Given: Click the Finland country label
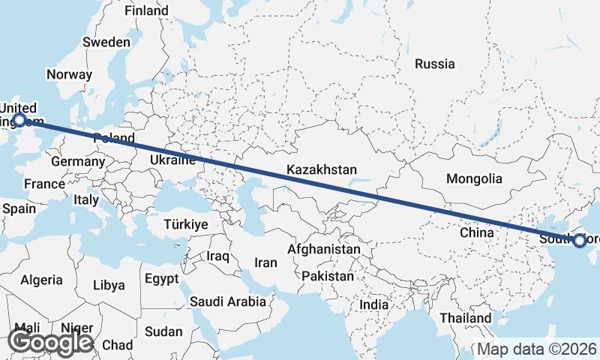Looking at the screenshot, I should (146, 11).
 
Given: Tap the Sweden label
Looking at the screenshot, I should (106, 42).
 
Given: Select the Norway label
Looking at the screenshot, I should (69, 74).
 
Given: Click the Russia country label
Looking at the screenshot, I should (435, 64).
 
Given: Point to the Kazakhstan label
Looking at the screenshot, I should (322, 170).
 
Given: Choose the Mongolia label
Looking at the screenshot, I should (474, 178).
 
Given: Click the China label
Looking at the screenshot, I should (477, 232).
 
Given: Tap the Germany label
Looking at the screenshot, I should (78, 161).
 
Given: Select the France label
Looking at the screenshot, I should (44, 184).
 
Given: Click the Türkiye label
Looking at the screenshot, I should (186, 224).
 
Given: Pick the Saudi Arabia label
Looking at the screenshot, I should (228, 301).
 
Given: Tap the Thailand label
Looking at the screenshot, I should (466, 318).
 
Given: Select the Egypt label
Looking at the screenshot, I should (161, 279).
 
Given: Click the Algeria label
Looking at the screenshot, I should (41, 280).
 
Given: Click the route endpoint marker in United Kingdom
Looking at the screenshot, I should (19, 119).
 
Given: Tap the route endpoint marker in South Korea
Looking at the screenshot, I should (578, 241).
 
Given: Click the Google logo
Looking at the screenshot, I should (50, 342).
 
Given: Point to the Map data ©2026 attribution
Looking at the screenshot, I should (537, 349).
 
